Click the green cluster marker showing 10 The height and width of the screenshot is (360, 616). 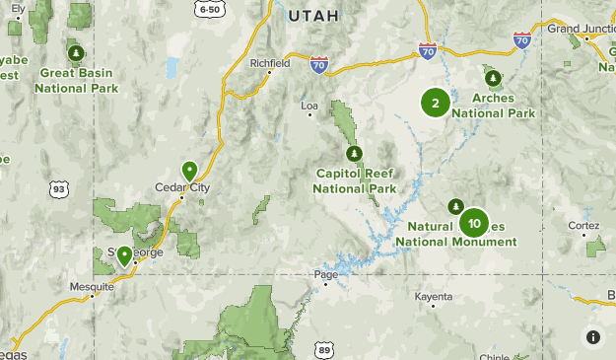click(x=474, y=223)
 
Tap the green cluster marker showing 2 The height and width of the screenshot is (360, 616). click(x=436, y=102)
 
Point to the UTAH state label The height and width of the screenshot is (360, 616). click(x=313, y=16)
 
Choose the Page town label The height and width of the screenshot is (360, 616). click(x=325, y=274)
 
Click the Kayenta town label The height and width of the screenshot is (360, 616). click(x=434, y=295)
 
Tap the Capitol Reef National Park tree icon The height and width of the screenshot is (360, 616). click(x=355, y=154)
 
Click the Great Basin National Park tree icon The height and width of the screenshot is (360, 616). click(x=76, y=53)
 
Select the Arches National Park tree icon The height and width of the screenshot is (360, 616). click(x=491, y=78)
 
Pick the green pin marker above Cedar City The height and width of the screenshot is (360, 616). click(x=189, y=171)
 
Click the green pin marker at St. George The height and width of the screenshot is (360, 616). click(x=125, y=255)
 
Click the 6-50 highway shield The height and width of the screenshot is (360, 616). click(x=208, y=9)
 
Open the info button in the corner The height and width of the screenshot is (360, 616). click(x=593, y=337)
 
